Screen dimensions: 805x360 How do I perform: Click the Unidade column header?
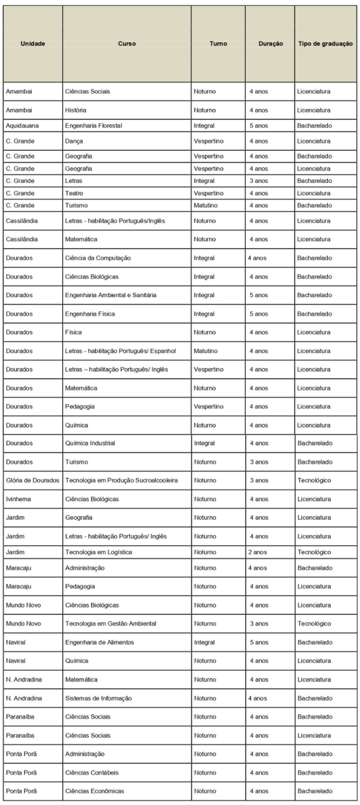(33, 43)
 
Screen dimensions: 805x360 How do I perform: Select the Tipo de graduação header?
(325, 43)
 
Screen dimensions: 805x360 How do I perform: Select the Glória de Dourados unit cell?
(33, 480)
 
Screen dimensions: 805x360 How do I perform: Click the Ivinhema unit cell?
(20, 499)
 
